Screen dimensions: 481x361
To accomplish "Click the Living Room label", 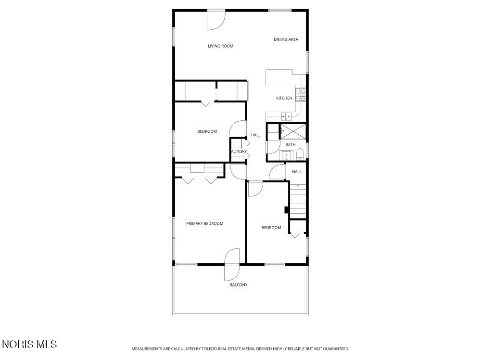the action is click(x=221, y=46).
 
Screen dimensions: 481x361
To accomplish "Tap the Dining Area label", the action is click(x=286, y=39).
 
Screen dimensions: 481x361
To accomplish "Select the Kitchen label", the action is click(x=284, y=98).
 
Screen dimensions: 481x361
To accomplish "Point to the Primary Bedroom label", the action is click(x=204, y=223).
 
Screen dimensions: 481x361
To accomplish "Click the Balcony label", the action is click(x=239, y=285).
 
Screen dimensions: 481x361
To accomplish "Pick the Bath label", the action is click(x=291, y=144).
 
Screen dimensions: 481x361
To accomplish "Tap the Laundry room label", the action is click(x=239, y=151).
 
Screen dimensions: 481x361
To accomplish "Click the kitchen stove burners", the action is click(x=300, y=94).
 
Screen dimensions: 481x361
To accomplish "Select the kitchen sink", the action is click(x=287, y=116).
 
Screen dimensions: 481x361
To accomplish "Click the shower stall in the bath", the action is click(x=293, y=131).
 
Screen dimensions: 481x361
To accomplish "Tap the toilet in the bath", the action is click(x=300, y=154).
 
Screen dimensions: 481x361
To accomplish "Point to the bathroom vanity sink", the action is click(x=287, y=155).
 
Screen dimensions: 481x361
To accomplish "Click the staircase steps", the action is click(x=298, y=201).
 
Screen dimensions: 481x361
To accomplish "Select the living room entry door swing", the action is click(x=216, y=21).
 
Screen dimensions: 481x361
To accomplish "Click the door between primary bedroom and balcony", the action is click(x=232, y=265).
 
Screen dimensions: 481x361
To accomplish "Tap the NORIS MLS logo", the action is click(x=29, y=344).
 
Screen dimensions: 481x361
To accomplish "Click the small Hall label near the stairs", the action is click(x=297, y=172).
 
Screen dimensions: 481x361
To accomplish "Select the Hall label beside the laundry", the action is click(x=255, y=135).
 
